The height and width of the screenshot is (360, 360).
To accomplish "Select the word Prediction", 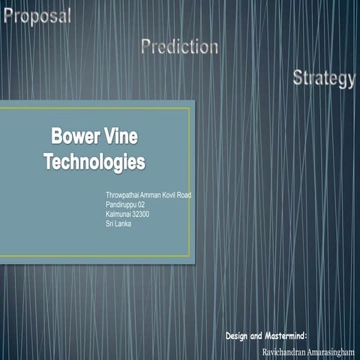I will [x=179, y=47].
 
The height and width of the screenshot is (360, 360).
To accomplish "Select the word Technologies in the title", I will [x=94, y=160].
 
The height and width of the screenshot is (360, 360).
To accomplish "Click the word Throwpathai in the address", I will [x=124, y=195].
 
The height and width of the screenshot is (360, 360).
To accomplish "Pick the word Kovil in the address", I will [x=176, y=195].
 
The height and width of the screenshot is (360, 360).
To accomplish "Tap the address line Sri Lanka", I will [x=119, y=223].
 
